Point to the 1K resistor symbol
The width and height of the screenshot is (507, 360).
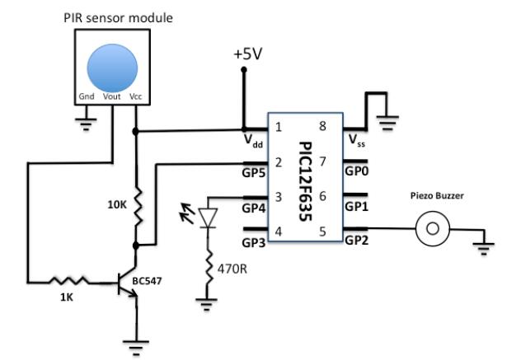click(x=68, y=283)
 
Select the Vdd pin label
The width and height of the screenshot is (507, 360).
click(x=254, y=141)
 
